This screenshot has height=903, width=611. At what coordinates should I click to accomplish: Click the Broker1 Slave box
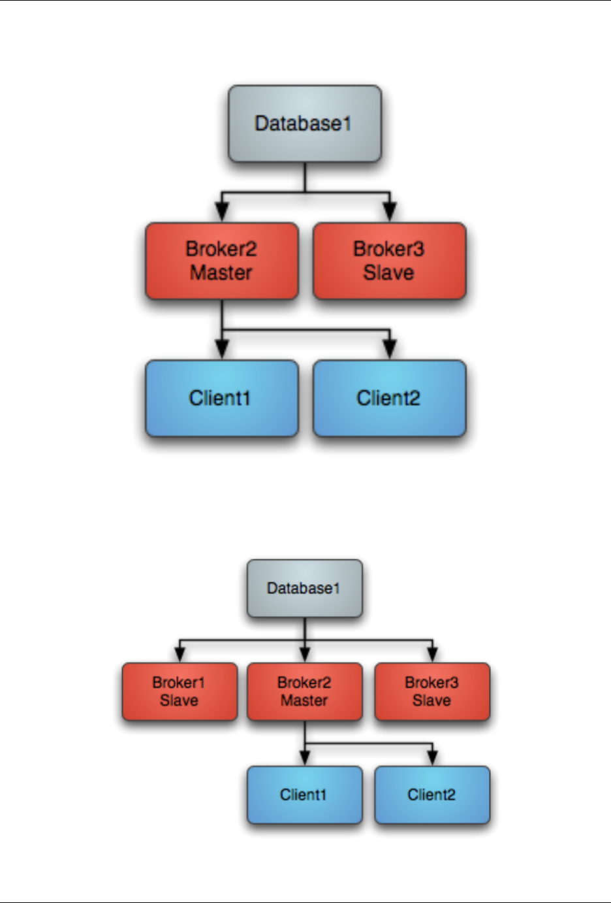(x=180, y=691)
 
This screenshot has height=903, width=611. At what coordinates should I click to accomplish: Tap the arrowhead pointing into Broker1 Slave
(x=180, y=654)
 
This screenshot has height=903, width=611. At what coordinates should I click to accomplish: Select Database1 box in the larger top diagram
(x=304, y=123)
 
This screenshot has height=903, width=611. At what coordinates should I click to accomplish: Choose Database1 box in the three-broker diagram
(x=304, y=588)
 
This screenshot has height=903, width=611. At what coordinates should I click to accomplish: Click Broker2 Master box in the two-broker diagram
(x=221, y=261)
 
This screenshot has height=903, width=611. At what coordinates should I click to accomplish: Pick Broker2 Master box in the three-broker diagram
(x=304, y=691)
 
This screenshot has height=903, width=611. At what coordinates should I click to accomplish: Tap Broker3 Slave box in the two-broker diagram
(x=389, y=261)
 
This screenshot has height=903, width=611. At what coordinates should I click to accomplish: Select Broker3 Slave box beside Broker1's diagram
(x=431, y=691)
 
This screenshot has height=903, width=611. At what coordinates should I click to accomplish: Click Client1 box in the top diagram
(x=221, y=398)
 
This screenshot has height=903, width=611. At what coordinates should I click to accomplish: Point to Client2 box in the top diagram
(x=389, y=398)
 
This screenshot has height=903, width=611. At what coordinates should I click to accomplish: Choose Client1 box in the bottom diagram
(x=304, y=795)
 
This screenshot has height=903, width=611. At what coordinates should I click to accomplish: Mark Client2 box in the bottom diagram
(x=431, y=795)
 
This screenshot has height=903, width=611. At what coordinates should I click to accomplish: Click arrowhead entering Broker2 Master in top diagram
(x=222, y=212)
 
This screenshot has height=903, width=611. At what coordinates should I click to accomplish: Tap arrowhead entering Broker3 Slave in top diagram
(x=390, y=212)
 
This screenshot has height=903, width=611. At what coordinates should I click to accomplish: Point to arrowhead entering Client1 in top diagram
(x=222, y=349)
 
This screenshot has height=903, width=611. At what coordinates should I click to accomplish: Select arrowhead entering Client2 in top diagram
(x=390, y=349)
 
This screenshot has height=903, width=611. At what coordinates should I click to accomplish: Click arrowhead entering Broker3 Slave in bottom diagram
(x=432, y=654)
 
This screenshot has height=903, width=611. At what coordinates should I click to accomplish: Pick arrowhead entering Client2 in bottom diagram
(x=432, y=757)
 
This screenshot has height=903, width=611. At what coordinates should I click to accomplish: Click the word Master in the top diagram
(x=221, y=272)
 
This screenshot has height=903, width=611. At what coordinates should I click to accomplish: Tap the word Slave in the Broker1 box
(x=179, y=700)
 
